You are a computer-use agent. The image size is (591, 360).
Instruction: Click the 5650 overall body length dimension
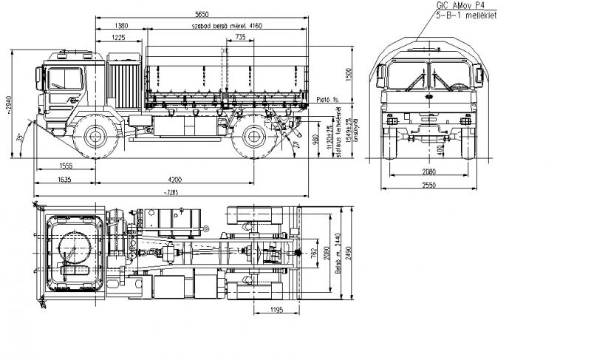point(201,13)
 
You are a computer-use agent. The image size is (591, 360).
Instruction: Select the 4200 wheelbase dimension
point(174,179)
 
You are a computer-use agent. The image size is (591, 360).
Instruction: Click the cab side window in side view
point(65,79)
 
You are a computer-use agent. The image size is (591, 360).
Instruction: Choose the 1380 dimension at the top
point(121,25)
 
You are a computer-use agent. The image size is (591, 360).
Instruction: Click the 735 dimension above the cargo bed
point(240,37)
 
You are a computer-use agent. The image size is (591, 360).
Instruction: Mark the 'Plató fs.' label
point(326,98)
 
